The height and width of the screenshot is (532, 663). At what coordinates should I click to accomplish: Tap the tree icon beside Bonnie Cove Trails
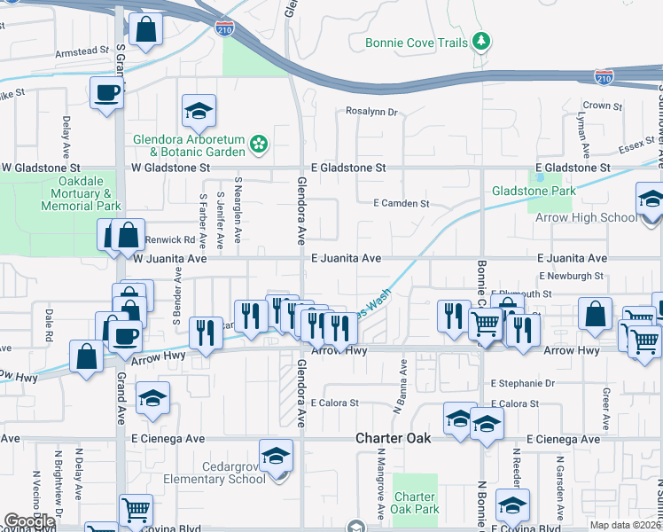pos(480,41)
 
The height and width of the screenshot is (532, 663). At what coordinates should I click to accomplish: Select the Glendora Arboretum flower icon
pos(259,142)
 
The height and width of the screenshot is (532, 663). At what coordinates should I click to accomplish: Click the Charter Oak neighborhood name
pos(393,438)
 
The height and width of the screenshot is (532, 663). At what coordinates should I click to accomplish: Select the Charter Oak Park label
pos(415,503)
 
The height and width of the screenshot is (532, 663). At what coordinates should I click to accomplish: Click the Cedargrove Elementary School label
pos(216,472)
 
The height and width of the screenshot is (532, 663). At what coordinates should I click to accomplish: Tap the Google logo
pos(30,521)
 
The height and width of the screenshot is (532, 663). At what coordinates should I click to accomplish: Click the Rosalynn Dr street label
pos(371,113)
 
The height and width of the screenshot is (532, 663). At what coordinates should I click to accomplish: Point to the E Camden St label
pos(401,203)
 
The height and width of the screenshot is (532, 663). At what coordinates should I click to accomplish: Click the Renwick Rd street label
pos(170,239)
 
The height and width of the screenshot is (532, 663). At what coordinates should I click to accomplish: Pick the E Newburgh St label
pos(576,276)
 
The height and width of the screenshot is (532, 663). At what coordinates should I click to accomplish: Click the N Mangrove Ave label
pos(378,484)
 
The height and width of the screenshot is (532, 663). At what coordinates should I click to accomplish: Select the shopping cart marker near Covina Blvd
pos(136,510)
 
